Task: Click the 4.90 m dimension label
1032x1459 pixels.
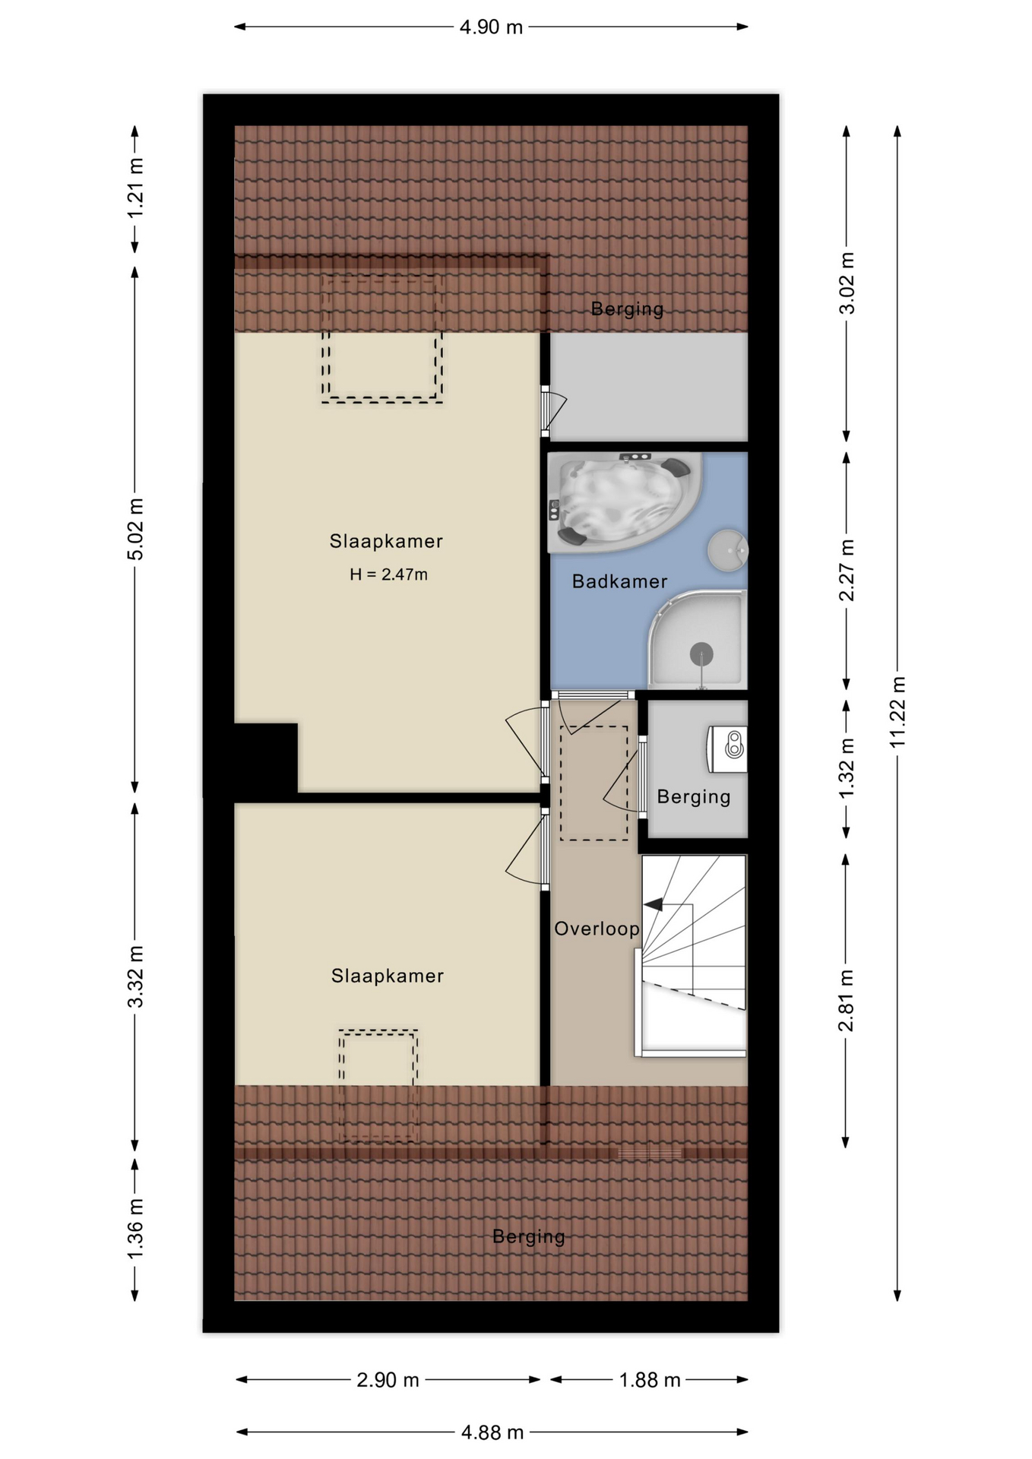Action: [491, 27]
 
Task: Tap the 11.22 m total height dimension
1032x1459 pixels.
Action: [898, 712]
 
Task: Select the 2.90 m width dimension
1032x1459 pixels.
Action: [388, 1380]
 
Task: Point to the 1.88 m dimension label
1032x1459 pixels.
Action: [650, 1380]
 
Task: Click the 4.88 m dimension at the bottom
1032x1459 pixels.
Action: [492, 1432]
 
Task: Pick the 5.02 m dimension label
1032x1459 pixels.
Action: [135, 530]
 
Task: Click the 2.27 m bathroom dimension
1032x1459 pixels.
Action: [847, 570]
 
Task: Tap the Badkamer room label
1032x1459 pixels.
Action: [619, 581]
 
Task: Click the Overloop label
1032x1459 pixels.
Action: [597, 929]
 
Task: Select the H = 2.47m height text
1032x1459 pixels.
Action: [388, 574]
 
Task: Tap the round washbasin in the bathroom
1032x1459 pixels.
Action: [728, 549]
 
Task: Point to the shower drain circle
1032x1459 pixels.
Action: [701, 654]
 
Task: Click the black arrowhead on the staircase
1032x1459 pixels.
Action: [653, 904]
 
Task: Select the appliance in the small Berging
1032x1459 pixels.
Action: [728, 748]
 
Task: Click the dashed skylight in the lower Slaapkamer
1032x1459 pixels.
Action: [378, 1085]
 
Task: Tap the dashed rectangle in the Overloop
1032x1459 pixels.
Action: [594, 783]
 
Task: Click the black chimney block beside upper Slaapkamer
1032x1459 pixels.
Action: [265, 758]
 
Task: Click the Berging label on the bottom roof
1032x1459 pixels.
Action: [529, 1236]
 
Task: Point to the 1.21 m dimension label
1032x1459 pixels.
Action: [135, 188]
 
